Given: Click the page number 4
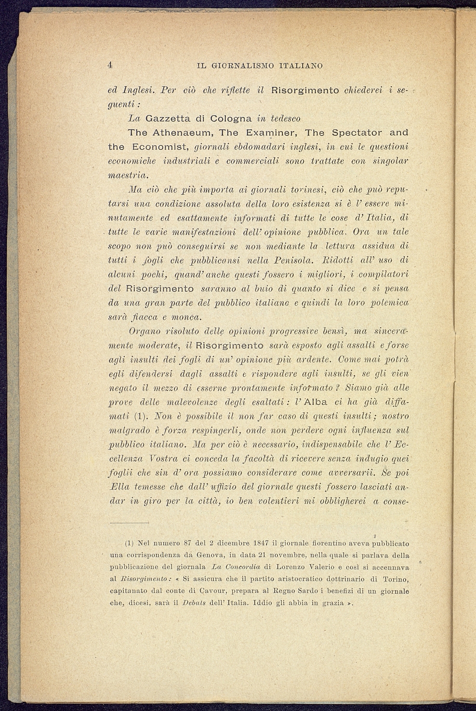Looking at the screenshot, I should pyautogui.click(x=110, y=65).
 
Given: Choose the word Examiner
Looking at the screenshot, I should pyautogui.click(x=273, y=132).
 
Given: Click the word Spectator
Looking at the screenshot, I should pyautogui.click(x=356, y=132).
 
